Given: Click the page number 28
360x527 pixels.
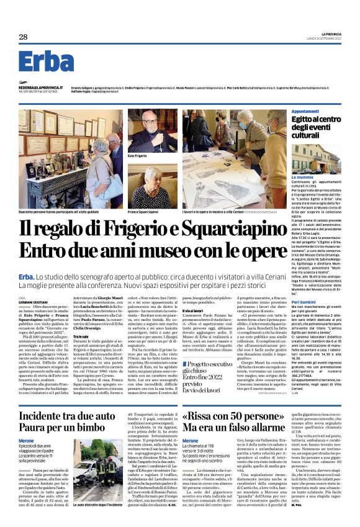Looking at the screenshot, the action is tap(24, 37).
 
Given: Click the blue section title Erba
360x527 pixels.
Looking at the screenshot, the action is tap(47, 61).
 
